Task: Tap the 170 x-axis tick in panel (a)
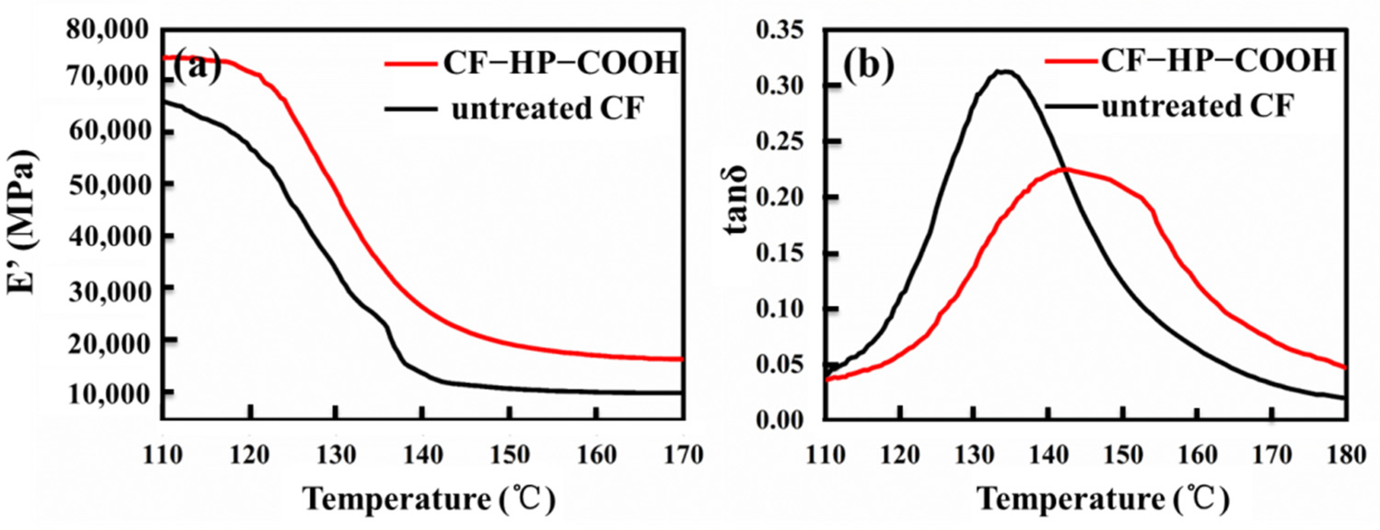click(x=681, y=455)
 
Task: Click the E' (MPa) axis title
click(x=23, y=222)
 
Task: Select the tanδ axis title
click(x=735, y=206)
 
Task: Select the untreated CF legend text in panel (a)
click(x=547, y=109)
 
